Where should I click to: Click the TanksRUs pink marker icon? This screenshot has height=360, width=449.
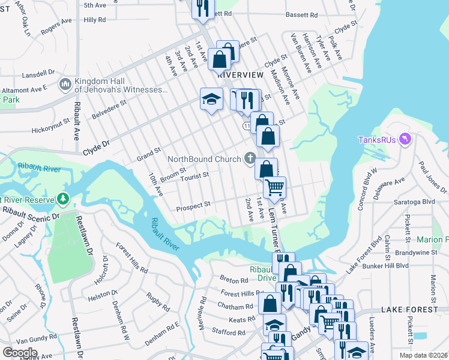(x=406, y=139)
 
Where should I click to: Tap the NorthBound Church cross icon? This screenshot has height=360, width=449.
(x=250, y=158)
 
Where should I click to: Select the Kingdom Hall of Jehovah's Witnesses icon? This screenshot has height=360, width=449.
(x=65, y=85)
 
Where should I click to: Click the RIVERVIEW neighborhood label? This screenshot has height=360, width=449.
(x=240, y=74)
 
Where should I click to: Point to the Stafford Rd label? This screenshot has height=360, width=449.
(x=229, y=332)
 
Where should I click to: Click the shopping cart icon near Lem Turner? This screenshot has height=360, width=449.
(x=274, y=188)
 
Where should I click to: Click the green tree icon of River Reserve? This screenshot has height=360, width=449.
(x=63, y=198)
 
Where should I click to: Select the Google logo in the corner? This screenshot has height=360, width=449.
(x=20, y=353)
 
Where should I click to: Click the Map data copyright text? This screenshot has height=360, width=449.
(x=423, y=355)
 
